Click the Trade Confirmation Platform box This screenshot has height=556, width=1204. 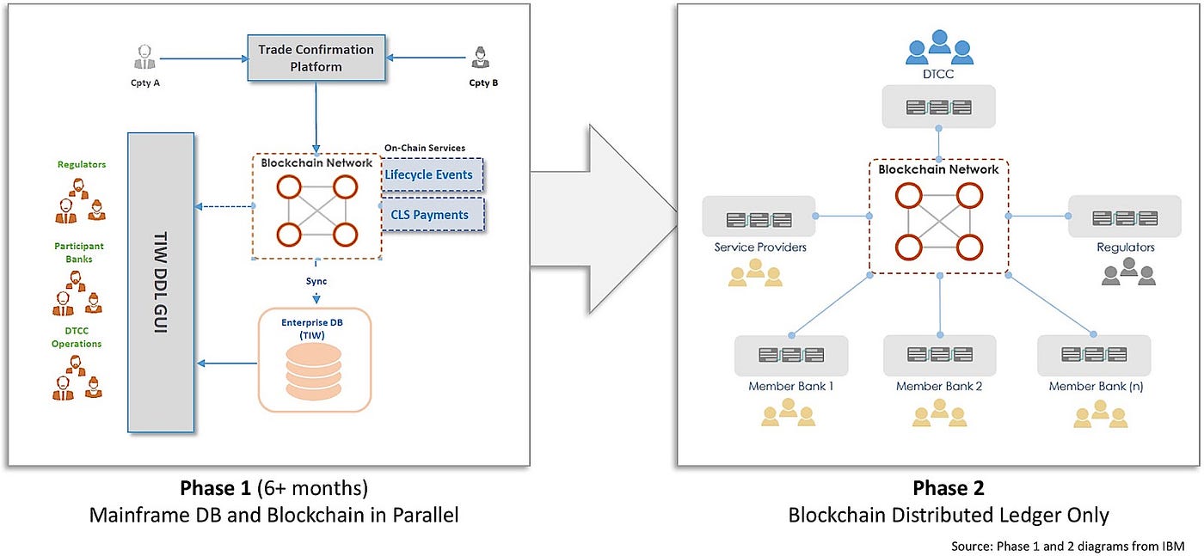(316, 58)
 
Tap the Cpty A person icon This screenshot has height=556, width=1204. (144, 58)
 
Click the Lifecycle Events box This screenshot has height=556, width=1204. (429, 174)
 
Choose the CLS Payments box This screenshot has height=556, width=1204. (429, 215)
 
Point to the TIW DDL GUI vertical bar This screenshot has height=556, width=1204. (161, 282)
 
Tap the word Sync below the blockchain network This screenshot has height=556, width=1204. (316, 281)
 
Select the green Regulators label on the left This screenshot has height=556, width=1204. (82, 164)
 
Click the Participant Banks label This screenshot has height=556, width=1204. (78, 252)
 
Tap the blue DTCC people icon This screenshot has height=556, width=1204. (938, 47)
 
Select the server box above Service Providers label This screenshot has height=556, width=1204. (758, 217)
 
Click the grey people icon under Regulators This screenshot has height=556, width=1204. (1126, 273)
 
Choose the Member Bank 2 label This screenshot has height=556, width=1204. (938, 387)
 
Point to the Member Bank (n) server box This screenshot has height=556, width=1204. (1093, 355)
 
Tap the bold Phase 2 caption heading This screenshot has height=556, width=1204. (948, 488)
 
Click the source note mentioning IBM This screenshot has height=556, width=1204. (1067, 546)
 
